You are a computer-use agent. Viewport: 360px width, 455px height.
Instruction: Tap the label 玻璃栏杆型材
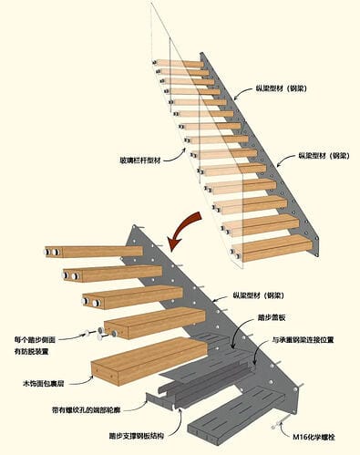click(140, 160)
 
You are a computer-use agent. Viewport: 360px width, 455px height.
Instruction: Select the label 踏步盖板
click(272, 318)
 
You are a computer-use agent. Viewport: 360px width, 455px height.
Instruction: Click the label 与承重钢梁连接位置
click(303, 340)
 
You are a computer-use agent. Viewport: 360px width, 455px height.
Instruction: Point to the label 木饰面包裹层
click(44, 383)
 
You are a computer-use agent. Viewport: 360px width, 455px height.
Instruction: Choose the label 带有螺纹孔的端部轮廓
click(86, 410)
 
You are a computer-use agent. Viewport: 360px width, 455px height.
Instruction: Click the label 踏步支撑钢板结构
click(137, 436)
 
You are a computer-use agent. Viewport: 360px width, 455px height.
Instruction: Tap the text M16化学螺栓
click(314, 438)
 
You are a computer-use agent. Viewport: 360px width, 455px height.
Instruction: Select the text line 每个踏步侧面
click(35, 339)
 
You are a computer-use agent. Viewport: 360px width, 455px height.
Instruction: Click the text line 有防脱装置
click(32, 352)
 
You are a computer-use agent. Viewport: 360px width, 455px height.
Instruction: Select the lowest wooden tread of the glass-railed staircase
click(273, 250)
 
